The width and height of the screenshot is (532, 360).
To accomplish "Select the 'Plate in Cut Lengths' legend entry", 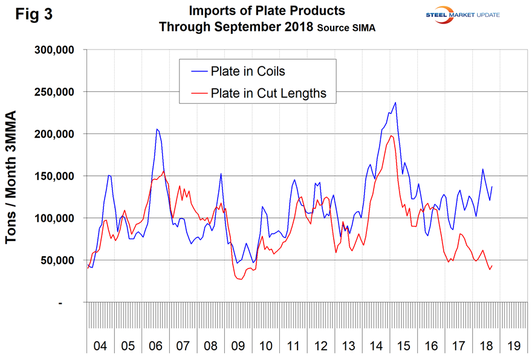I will (268, 93).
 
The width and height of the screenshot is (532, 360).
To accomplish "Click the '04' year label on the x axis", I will (100, 347).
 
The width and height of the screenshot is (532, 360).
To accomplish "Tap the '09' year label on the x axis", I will (238, 347).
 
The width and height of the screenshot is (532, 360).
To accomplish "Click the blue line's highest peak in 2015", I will (395, 102).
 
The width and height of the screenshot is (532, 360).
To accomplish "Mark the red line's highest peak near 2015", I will (391, 135).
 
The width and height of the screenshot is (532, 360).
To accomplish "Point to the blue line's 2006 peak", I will (157, 129).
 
